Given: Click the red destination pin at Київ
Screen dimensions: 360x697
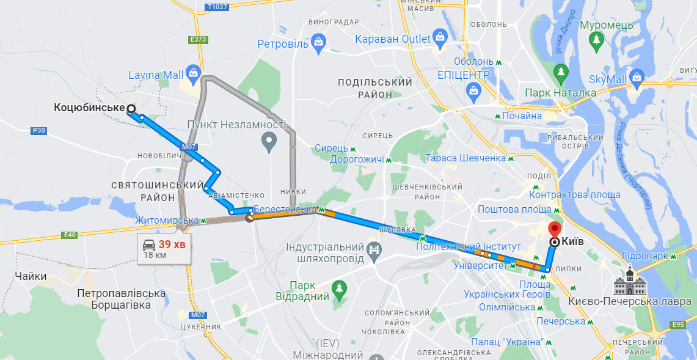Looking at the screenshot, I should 555,230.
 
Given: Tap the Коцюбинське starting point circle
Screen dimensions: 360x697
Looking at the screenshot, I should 131,109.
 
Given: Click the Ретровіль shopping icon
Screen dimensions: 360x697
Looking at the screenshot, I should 318,42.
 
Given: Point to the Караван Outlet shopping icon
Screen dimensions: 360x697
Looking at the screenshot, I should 440,37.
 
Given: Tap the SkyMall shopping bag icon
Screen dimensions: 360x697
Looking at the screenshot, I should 638,78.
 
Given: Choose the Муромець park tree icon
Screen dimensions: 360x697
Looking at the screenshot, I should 596,40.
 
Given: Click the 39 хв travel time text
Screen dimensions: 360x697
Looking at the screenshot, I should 172,244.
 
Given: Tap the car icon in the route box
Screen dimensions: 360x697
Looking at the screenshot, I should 149,244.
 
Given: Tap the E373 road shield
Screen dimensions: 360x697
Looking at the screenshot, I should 199,40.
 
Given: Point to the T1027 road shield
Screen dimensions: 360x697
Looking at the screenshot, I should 217,7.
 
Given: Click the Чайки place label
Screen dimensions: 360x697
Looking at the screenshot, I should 32,276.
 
